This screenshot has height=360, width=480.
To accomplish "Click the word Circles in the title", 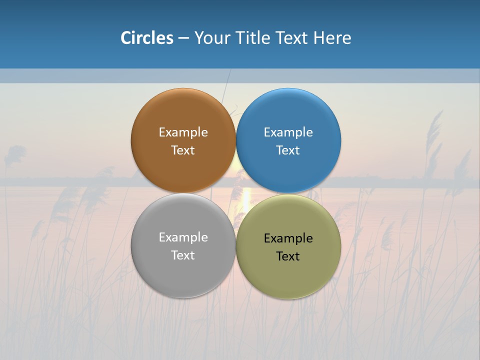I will click(x=146, y=38).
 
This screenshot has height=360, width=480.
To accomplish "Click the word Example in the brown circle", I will click(x=183, y=132).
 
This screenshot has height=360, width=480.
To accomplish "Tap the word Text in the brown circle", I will click(x=183, y=150).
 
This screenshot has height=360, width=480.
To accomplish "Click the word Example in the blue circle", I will click(x=288, y=132).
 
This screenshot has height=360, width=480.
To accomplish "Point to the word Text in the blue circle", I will click(x=288, y=150).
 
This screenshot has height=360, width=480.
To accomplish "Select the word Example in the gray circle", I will click(x=183, y=237).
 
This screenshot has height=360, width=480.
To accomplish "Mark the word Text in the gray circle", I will click(x=183, y=255).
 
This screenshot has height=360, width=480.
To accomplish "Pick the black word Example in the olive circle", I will click(x=288, y=238).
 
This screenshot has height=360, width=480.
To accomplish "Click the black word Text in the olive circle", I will click(x=288, y=256).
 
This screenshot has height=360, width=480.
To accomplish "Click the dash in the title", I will click(x=183, y=38).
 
